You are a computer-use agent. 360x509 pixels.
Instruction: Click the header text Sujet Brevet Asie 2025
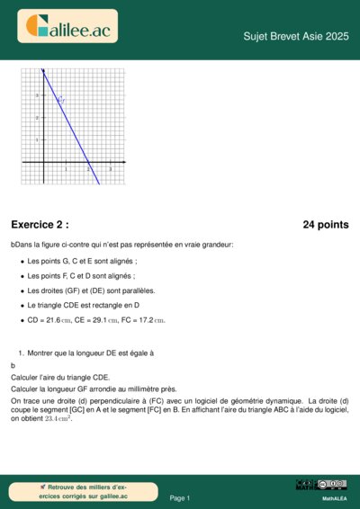pos(295,36)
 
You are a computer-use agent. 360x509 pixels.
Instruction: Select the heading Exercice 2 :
pos(40,225)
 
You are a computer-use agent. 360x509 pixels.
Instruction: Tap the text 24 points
pos(325,225)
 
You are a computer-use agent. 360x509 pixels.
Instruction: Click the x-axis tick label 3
pos(110,169)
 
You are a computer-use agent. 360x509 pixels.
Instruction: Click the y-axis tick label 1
pos(38,140)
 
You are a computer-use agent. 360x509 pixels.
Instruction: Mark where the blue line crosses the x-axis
pos(88,163)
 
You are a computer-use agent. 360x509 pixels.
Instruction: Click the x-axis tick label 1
pos(66,169)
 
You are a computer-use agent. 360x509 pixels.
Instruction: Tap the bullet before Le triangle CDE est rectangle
pos(22,306)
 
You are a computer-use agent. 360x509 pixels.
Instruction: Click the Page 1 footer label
pos(180,497)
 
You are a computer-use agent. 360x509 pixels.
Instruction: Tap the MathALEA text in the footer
pos(335,497)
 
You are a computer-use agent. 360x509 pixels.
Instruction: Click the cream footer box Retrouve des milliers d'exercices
pos(71,491)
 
